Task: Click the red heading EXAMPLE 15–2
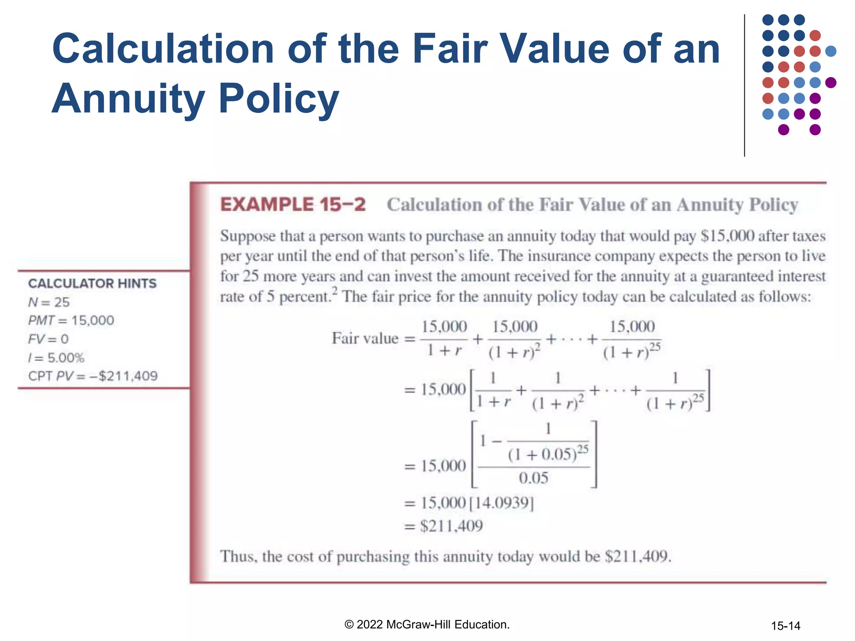pyautogui.click(x=293, y=205)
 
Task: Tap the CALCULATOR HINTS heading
pyautogui.click(x=92, y=284)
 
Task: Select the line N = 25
pyautogui.click(x=49, y=302)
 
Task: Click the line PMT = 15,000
pyautogui.click(x=71, y=320)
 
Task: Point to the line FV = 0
pyautogui.click(x=48, y=339)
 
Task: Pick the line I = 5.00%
pyautogui.click(x=56, y=358)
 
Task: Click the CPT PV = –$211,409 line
pyautogui.click(x=93, y=376)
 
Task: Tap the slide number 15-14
pyautogui.click(x=785, y=626)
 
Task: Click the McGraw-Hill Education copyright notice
pyautogui.click(x=427, y=624)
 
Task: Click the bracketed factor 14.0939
pyautogui.click(x=501, y=503)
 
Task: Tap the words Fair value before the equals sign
pyautogui.click(x=365, y=338)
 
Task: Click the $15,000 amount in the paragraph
pyautogui.click(x=727, y=236)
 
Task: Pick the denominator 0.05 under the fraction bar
pyautogui.click(x=533, y=478)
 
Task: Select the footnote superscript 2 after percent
pyautogui.click(x=335, y=291)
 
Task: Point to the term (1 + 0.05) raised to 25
pyautogui.click(x=548, y=453)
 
